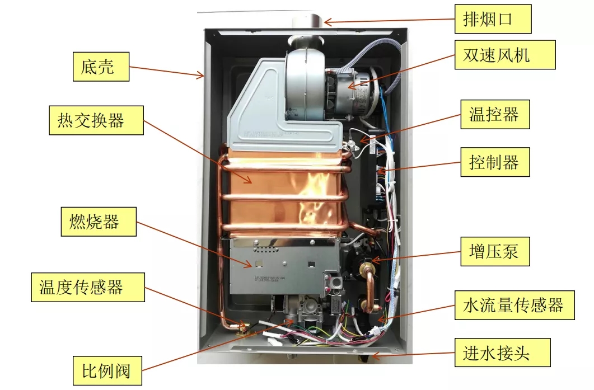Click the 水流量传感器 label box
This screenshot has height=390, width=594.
tap(513, 305)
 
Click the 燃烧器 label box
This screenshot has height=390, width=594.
tap(99, 222)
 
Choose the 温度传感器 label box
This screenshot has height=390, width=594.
tap(89, 287)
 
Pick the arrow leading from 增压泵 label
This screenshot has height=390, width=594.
tap(415, 255)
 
